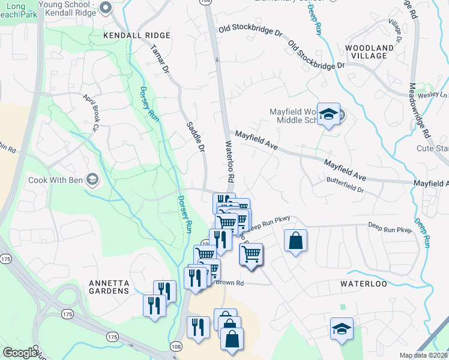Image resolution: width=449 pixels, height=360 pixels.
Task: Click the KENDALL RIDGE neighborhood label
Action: click(x=137, y=36)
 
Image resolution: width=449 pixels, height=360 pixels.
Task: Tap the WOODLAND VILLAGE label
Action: click(x=369, y=52)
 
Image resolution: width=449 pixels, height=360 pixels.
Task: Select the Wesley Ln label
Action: click(x=435, y=95)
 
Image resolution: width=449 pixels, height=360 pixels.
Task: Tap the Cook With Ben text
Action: click(x=55, y=179)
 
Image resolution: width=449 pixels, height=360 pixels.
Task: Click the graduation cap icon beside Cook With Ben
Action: click(x=92, y=179)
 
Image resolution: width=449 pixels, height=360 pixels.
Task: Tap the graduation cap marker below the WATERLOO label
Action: click(x=342, y=329)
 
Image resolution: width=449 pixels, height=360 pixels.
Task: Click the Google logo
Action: click(x=20, y=353)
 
